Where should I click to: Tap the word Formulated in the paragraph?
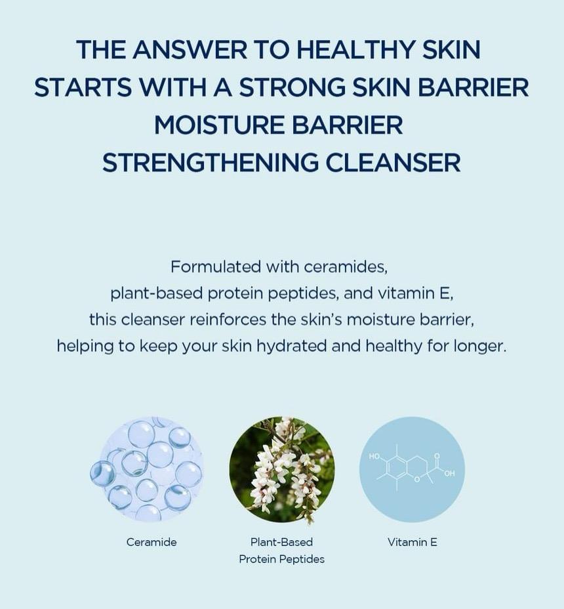coord(215,267)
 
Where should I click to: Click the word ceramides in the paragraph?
coord(348,267)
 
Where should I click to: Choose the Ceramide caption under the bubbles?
coord(151,542)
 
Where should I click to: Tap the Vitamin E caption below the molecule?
coord(413,542)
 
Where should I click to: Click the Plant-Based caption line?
coord(281,542)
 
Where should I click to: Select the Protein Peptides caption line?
coord(281,559)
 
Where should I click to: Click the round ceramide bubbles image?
coord(150,469)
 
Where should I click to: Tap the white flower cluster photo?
coord(282,469)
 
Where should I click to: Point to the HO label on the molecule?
coord(374,456)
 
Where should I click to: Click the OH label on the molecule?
coord(449,474)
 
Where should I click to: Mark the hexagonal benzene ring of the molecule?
coord(397,468)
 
